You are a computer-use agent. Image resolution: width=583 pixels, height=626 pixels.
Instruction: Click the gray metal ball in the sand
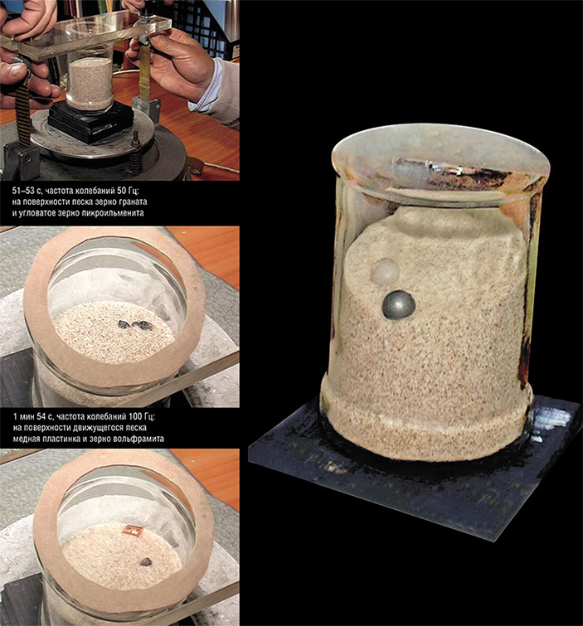[x=399, y=304]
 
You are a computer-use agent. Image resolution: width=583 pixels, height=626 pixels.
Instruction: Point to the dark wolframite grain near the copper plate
[x=145, y=561]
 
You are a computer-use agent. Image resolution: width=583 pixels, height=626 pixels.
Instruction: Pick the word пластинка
[x=64, y=439]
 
